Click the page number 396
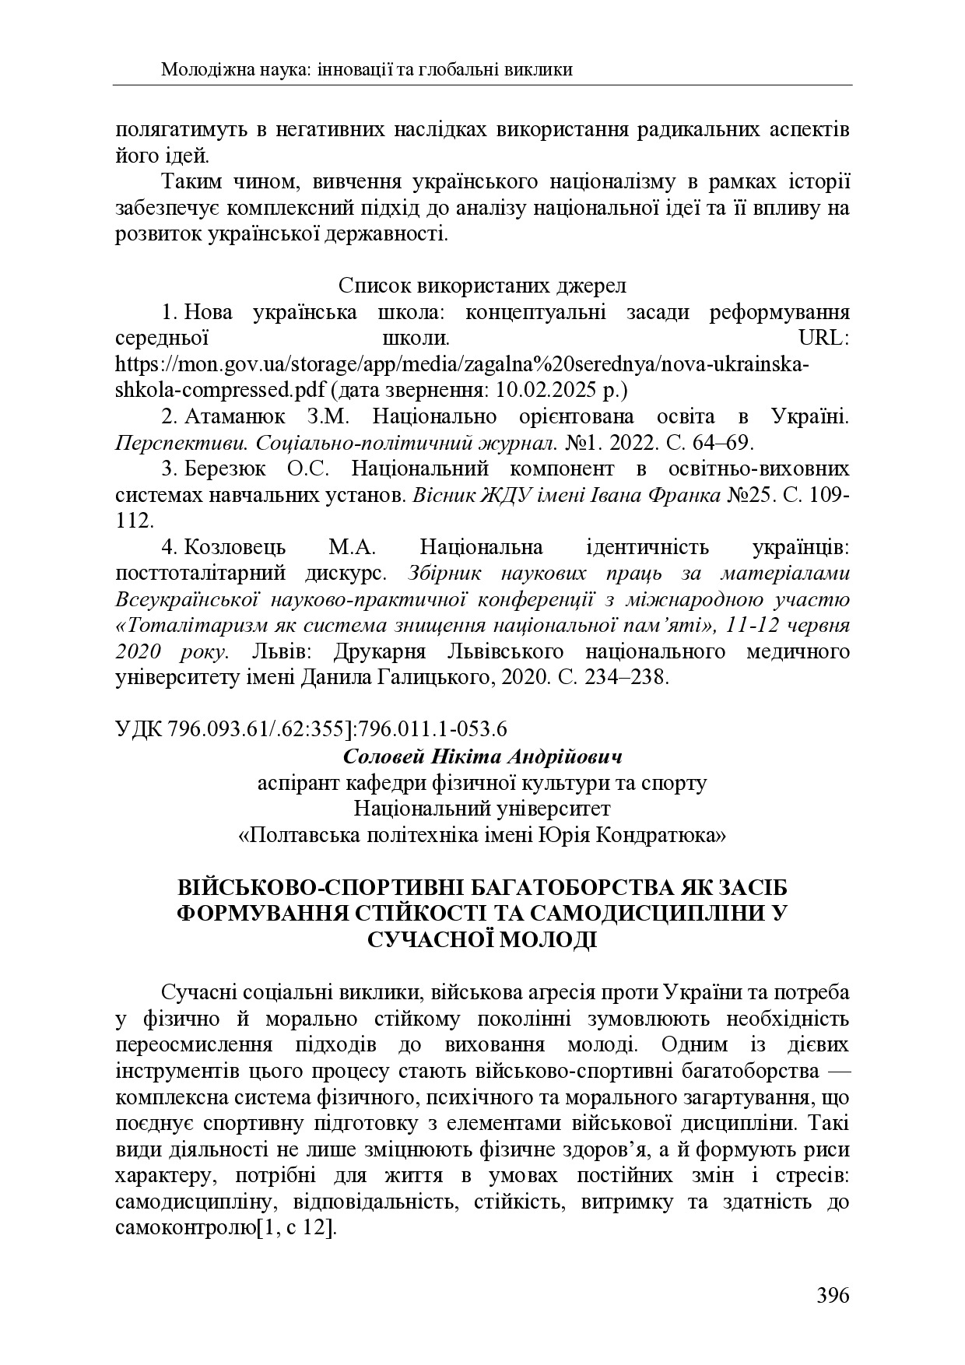pos(833,1296)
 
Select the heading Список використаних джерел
pos(482,286)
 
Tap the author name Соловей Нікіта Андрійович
pos(482,756)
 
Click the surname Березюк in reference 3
pos(225,469)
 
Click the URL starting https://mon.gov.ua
pos(462,364)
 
